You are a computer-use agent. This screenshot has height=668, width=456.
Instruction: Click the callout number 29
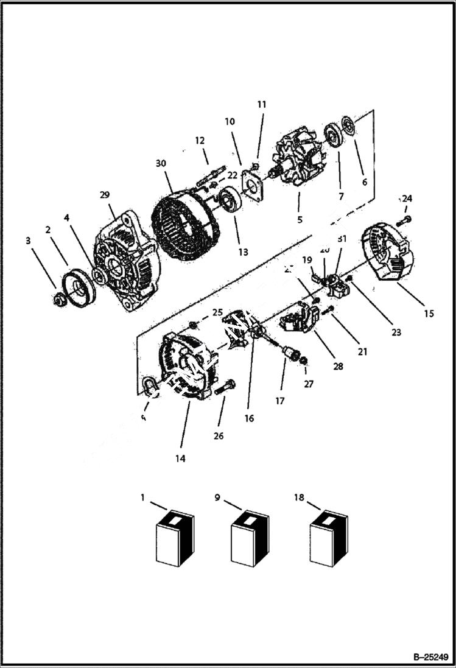tap(105, 195)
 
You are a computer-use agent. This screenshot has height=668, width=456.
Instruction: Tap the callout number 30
tap(160, 163)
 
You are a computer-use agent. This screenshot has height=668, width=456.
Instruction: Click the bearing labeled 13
tap(231, 199)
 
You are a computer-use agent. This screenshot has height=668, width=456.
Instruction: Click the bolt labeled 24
tap(406, 220)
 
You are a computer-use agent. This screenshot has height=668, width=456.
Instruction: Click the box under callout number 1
tap(175, 538)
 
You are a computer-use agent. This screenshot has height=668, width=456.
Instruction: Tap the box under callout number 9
tap(250, 538)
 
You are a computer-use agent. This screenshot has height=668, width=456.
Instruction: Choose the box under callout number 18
tap(328, 538)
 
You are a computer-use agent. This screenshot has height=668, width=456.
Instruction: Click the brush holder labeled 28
tap(301, 318)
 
